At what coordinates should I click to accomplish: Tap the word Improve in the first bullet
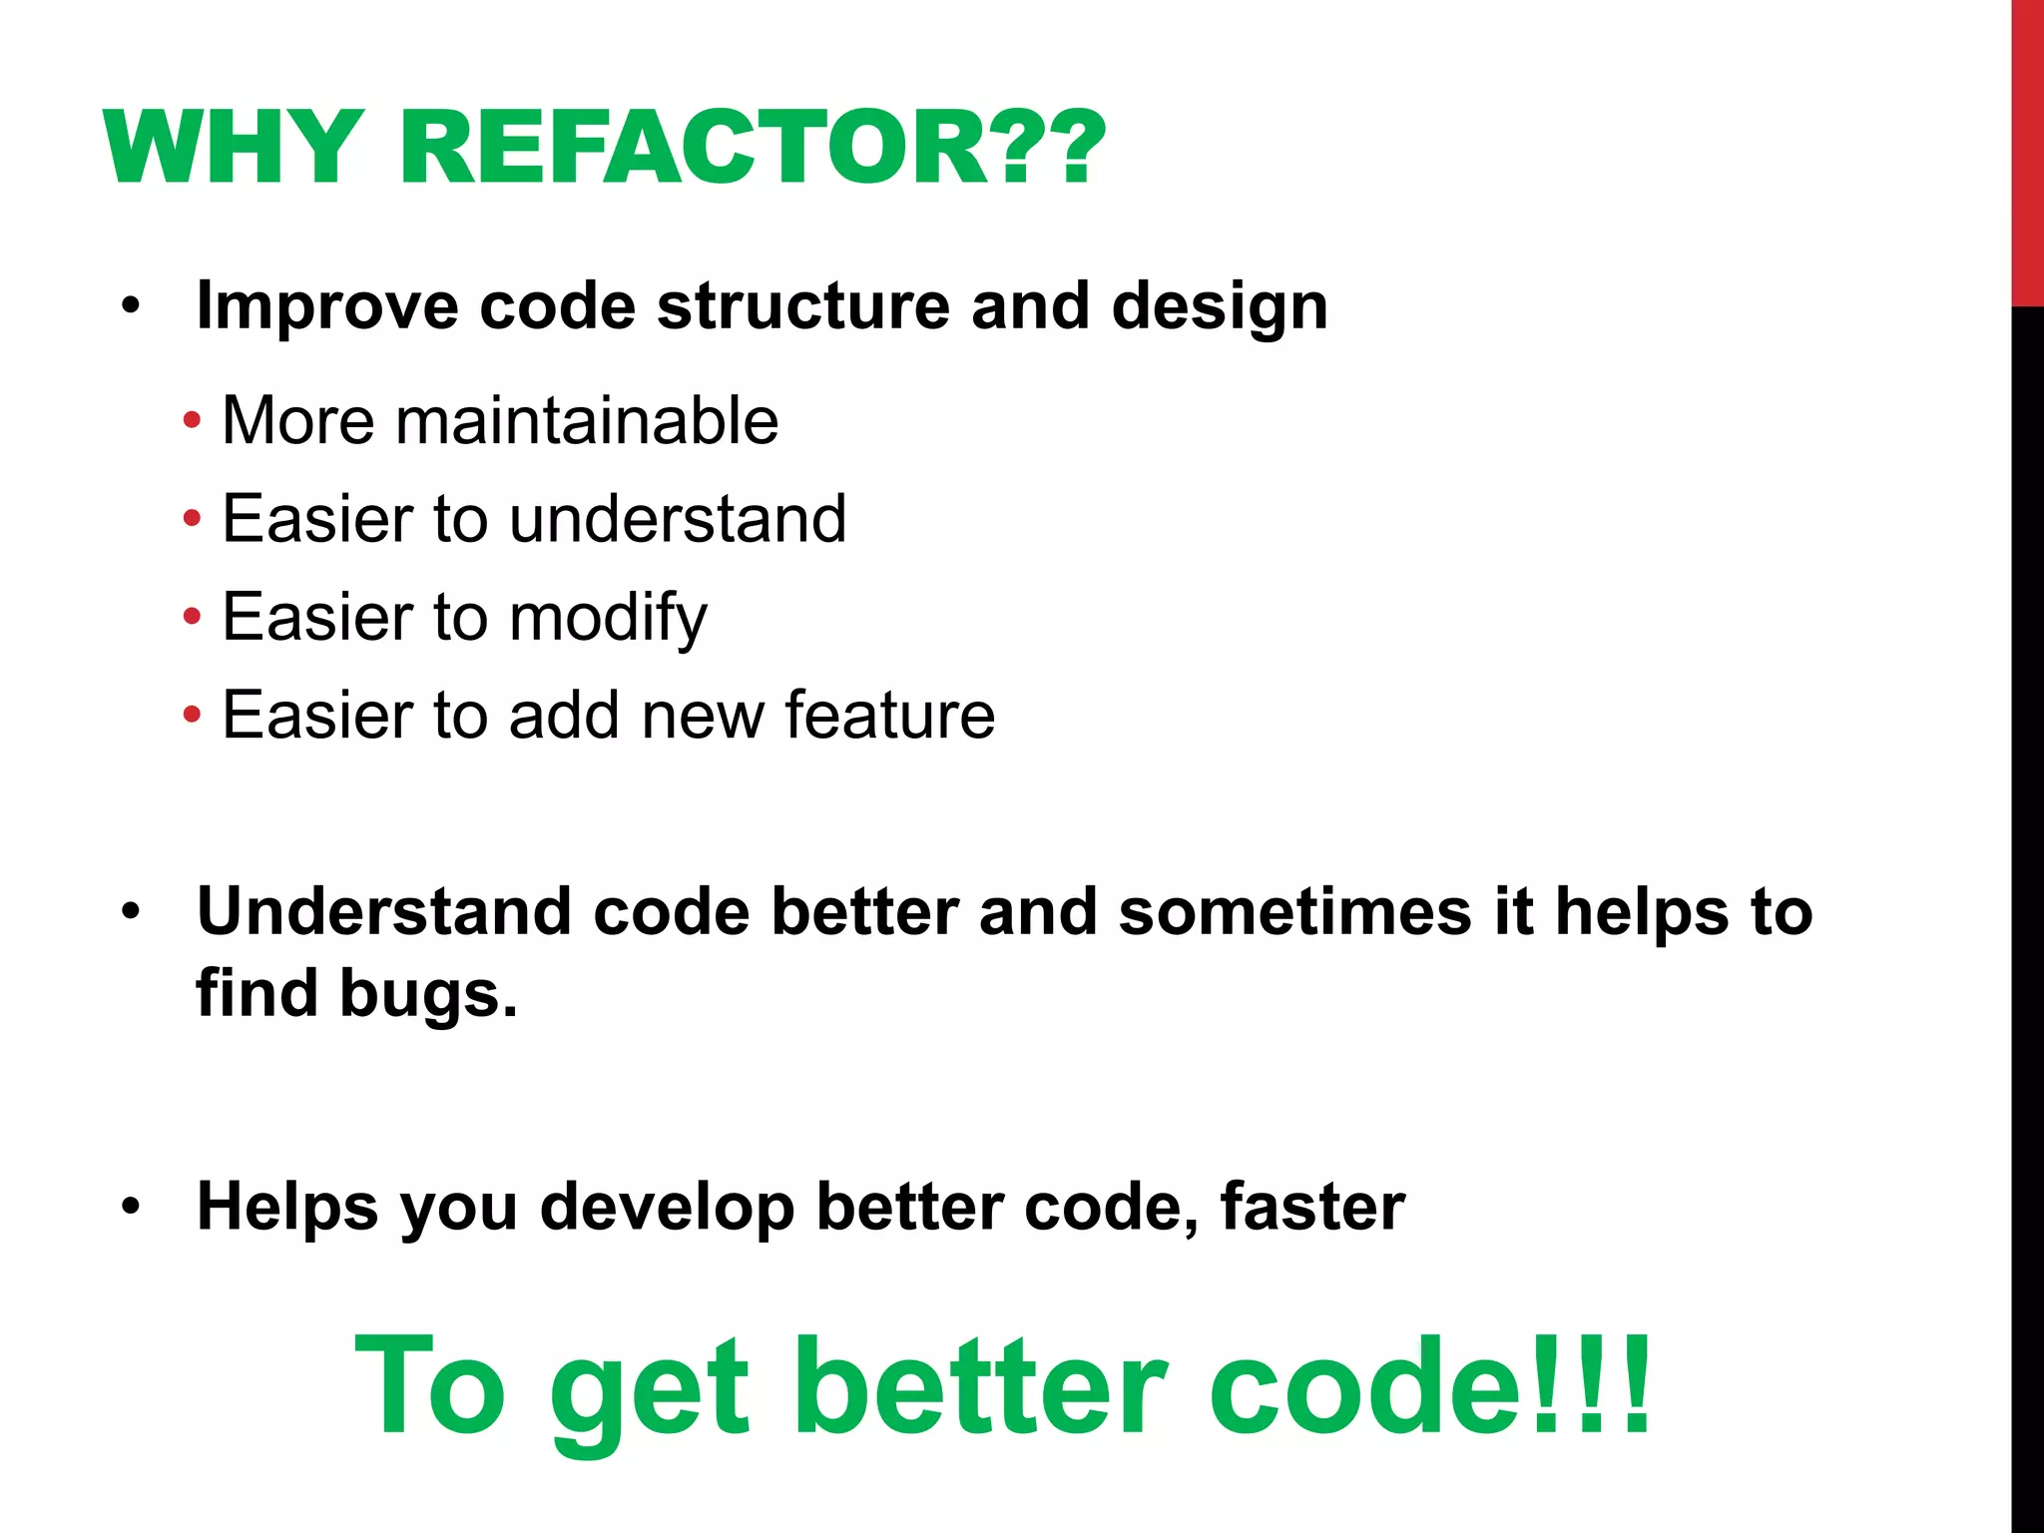[327, 305]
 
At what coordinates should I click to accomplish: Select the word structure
[803, 305]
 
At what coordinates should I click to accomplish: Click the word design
[1220, 305]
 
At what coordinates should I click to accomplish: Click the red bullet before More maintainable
[192, 420]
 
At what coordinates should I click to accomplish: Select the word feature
[890, 716]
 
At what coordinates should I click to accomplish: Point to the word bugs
[428, 995]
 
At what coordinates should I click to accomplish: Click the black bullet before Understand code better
[131, 911]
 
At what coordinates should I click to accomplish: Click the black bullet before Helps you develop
[131, 1207]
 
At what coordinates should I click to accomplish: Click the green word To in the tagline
[431, 1387]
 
